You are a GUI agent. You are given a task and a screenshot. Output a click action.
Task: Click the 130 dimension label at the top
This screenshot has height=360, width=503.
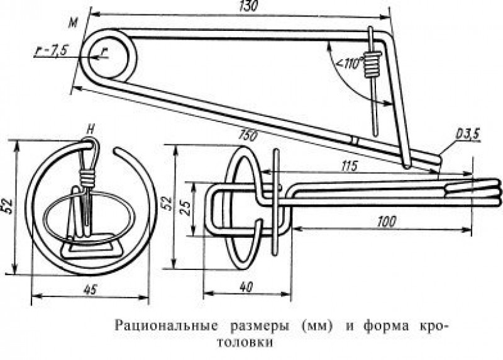tap(248, 6)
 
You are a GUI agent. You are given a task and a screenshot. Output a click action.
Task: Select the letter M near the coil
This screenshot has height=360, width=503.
tap(74, 23)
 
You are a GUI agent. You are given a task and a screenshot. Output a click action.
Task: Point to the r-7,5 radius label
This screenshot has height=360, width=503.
tap(52, 50)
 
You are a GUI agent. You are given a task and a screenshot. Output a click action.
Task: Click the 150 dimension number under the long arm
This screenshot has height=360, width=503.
tap(248, 135)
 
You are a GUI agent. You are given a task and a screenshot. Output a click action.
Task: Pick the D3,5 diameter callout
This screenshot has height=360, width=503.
tap(467, 133)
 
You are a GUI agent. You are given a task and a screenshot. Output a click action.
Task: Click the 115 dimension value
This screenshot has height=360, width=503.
tap(349, 166)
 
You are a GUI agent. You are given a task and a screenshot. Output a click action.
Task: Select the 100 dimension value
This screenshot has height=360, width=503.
tap(386, 222)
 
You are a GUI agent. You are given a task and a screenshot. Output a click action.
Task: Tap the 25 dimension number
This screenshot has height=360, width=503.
tap(187, 210)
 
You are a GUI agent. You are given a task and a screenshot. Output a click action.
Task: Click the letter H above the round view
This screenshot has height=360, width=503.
tap(91, 131)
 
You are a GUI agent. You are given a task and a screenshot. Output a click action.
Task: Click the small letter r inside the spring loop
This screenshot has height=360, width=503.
tap(104, 52)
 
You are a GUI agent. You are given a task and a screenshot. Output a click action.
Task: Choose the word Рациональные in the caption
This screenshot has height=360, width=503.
tap(166, 326)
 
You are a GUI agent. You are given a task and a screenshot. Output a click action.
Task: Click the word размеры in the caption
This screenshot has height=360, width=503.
tap(260, 327)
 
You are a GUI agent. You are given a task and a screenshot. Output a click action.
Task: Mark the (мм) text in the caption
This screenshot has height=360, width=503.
tap(316, 327)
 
